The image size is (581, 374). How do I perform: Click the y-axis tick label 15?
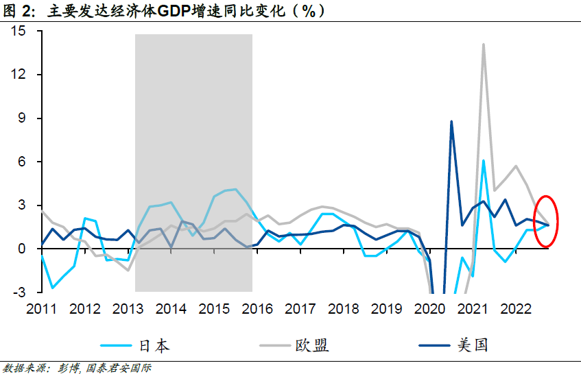tap(18, 31)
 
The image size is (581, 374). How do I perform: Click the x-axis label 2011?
tap(43, 309)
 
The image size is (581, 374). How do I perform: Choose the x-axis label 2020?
tap(431, 309)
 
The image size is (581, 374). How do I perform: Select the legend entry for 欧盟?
tap(312, 345)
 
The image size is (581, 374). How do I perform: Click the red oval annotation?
tap(547, 221)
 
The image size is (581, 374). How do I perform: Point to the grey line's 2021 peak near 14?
tap(484, 45)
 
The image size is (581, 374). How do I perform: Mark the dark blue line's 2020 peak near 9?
tap(451, 121)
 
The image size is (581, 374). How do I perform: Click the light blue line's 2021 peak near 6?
tap(484, 160)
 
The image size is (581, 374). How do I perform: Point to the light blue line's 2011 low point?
tap(52, 288)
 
